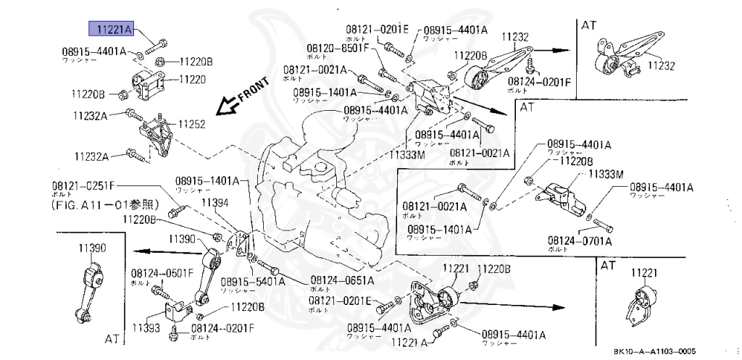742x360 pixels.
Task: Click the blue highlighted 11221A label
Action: click(x=110, y=30)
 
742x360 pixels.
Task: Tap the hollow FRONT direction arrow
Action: click(x=230, y=104)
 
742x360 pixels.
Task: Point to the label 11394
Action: click(x=214, y=203)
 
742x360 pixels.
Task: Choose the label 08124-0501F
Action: click(x=162, y=273)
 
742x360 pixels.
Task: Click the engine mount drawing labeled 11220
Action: click(x=145, y=86)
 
